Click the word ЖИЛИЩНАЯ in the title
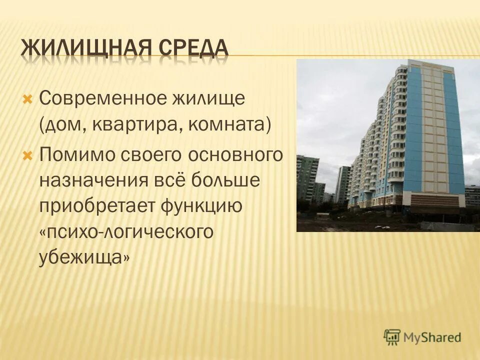click(x=88, y=49)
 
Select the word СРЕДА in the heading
click(x=195, y=49)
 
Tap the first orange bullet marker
click(x=28, y=98)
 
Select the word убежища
click(x=85, y=257)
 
